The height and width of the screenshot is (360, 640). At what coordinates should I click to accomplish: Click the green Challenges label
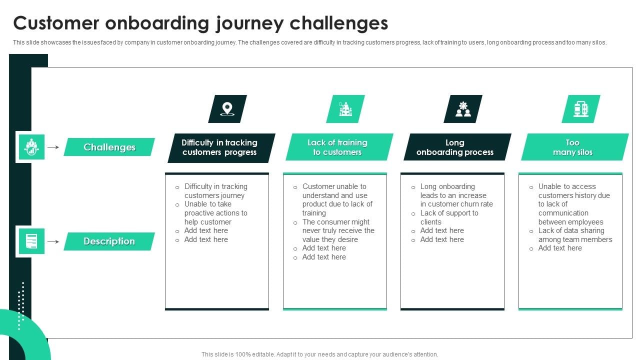(109, 147)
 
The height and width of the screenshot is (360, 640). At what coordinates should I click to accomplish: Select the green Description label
(109, 241)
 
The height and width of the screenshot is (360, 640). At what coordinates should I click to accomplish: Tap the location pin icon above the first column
(227, 109)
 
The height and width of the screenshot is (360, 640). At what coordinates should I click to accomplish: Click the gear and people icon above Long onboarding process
(463, 109)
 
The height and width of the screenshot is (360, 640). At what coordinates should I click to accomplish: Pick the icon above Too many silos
(580, 109)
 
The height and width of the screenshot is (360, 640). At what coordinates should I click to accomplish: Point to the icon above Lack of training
(345, 109)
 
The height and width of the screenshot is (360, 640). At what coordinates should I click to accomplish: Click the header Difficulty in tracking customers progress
(219, 147)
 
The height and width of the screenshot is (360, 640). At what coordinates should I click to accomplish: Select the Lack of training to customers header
(337, 147)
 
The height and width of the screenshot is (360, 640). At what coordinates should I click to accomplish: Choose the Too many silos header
(573, 147)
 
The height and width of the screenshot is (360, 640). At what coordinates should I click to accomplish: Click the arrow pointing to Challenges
(53, 147)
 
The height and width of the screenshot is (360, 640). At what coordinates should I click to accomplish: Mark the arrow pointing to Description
(53, 241)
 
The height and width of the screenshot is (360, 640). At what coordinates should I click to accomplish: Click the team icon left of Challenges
(31, 147)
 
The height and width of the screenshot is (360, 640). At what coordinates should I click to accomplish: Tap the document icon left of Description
(31, 241)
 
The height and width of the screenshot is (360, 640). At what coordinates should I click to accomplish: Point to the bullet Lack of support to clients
(449, 217)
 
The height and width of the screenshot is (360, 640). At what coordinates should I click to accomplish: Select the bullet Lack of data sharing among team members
(574, 235)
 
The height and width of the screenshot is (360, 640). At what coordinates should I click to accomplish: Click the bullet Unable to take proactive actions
(215, 213)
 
